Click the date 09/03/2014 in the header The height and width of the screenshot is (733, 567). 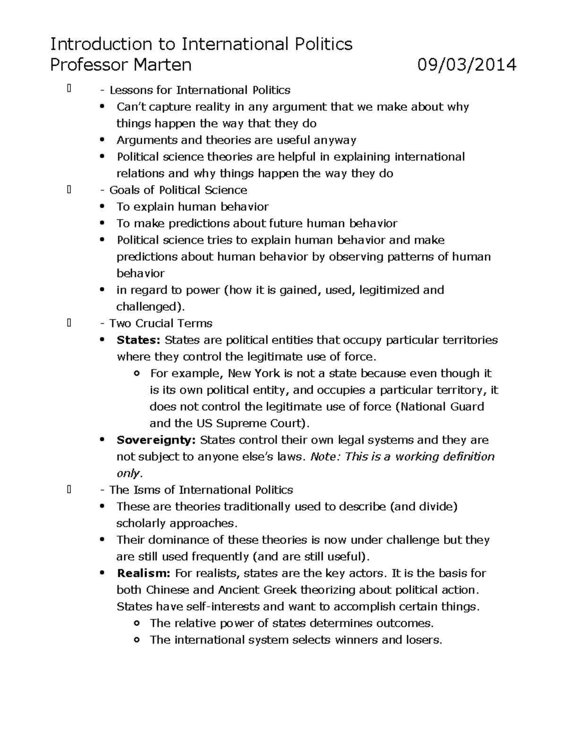point(466,64)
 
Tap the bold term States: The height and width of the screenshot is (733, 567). point(138,340)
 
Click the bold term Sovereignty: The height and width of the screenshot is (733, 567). point(156,440)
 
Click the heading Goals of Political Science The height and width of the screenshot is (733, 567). point(178,190)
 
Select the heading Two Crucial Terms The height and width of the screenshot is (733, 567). point(161,323)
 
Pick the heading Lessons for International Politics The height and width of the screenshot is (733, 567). point(200,90)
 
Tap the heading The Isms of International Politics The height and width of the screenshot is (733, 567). point(201,489)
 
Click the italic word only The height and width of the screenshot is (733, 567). point(128,473)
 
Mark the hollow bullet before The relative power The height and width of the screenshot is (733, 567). point(137,623)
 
